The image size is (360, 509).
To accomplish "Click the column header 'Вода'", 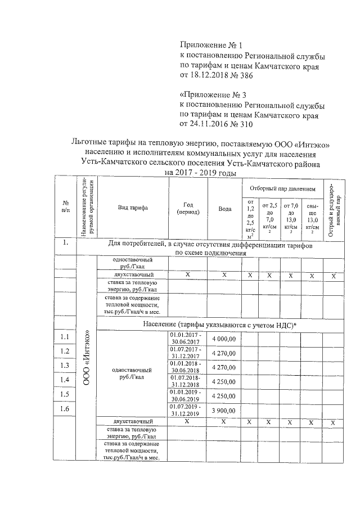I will pyautogui.click(x=225, y=208).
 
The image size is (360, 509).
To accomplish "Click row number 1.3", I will pyautogui.click(x=65, y=366).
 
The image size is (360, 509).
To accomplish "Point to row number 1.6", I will pyautogui.click(x=65, y=409).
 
